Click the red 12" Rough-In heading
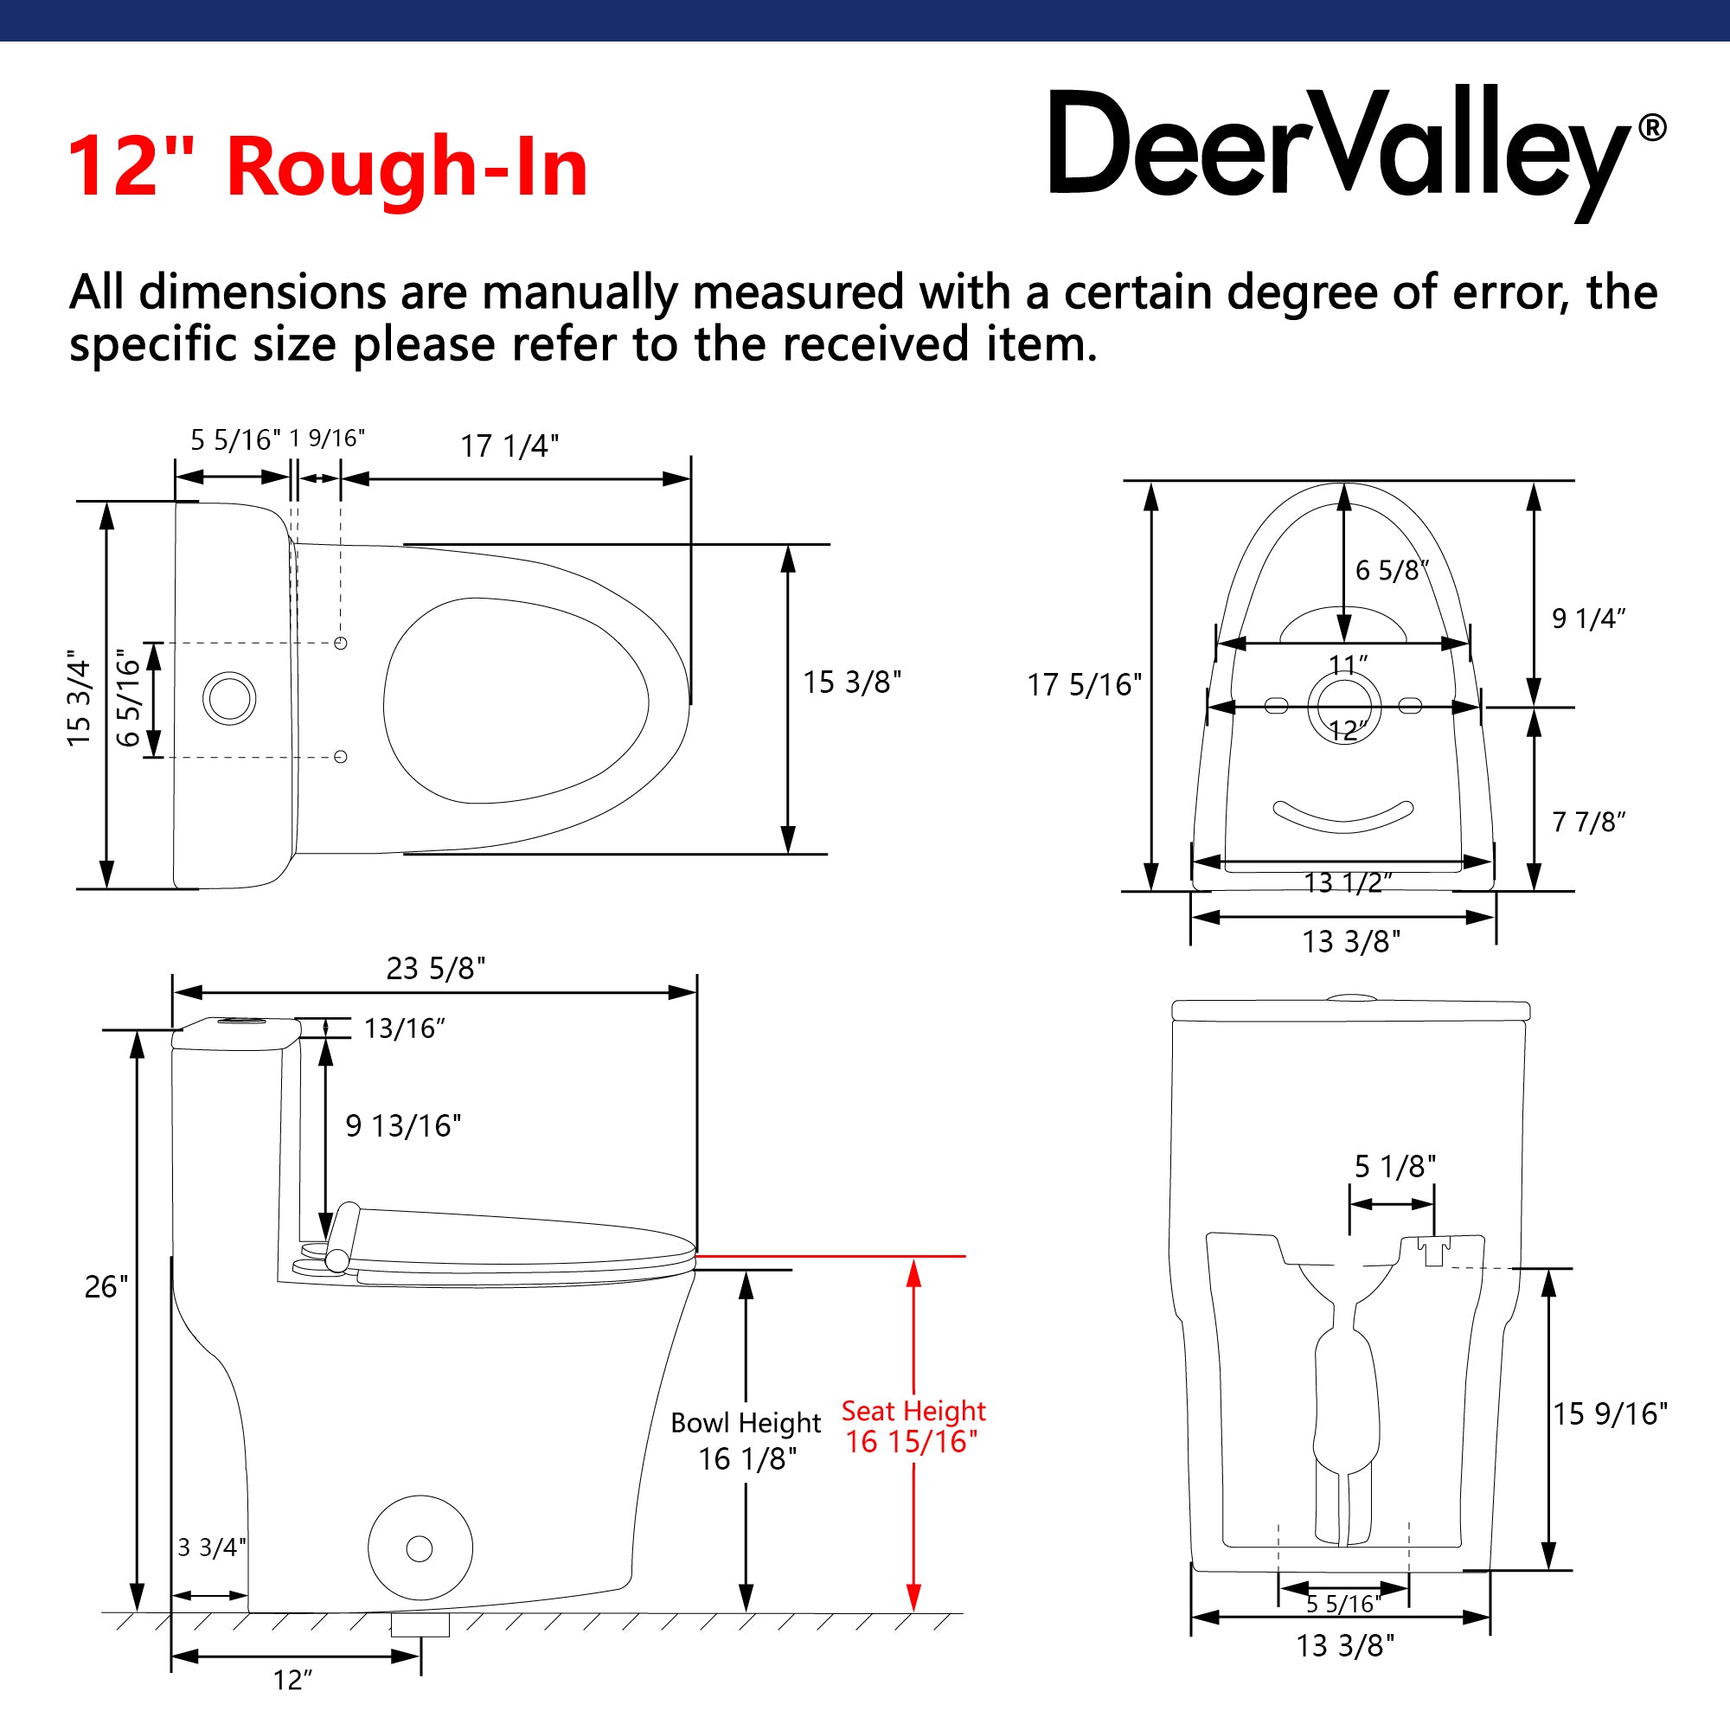click(x=327, y=167)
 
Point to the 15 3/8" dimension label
click(x=851, y=682)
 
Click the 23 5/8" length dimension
click(x=436, y=968)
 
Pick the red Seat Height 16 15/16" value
click(x=912, y=1442)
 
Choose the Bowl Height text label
click(x=746, y=1423)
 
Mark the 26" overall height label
click(x=106, y=1287)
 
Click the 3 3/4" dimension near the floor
click(x=211, y=1547)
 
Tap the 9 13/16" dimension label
click(x=403, y=1125)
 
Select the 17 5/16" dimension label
click(x=1085, y=685)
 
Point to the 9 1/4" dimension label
click(x=1588, y=618)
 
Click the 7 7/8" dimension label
click(x=1588, y=821)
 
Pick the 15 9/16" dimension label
click(x=1610, y=1414)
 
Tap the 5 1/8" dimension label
click(x=1394, y=1167)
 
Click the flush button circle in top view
click(x=229, y=698)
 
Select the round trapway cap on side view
click(x=420, y=1548)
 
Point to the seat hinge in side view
click(x=341, y=1238)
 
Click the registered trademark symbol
click(x=1653, y=128)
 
